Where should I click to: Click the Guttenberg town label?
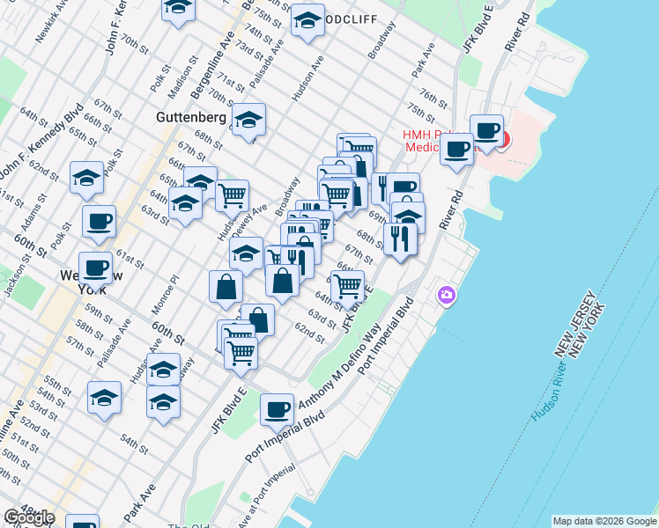[192, 116]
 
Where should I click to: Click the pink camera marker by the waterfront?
[447, 295]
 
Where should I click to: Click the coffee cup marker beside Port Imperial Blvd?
[277, 408]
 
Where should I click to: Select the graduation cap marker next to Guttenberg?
[249, 119]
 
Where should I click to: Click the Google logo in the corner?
[29, 517]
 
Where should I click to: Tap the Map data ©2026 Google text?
[604, 521]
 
